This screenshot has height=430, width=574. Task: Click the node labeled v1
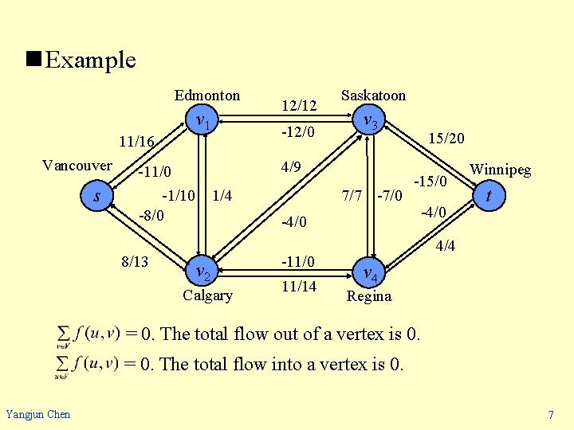click(203, 122)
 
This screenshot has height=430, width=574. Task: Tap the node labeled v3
click(371, 122)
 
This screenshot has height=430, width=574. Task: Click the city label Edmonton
click(207, 96)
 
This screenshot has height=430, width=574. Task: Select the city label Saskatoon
click(373, 96)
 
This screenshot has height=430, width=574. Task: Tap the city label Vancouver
click(77, 166)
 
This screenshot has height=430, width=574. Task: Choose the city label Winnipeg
click(500, 170)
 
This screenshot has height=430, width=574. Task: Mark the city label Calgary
click(207, 295)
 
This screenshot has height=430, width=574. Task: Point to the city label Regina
click(369, 296)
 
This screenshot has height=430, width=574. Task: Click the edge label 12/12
click(300, 105)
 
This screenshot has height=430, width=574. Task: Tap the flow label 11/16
click(136, 143)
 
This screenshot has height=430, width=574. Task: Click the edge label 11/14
click(299, 285)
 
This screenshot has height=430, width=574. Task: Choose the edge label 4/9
click(292, 168)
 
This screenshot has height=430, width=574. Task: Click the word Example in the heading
click(90, 60)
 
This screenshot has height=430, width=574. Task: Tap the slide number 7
click(551, 414)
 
